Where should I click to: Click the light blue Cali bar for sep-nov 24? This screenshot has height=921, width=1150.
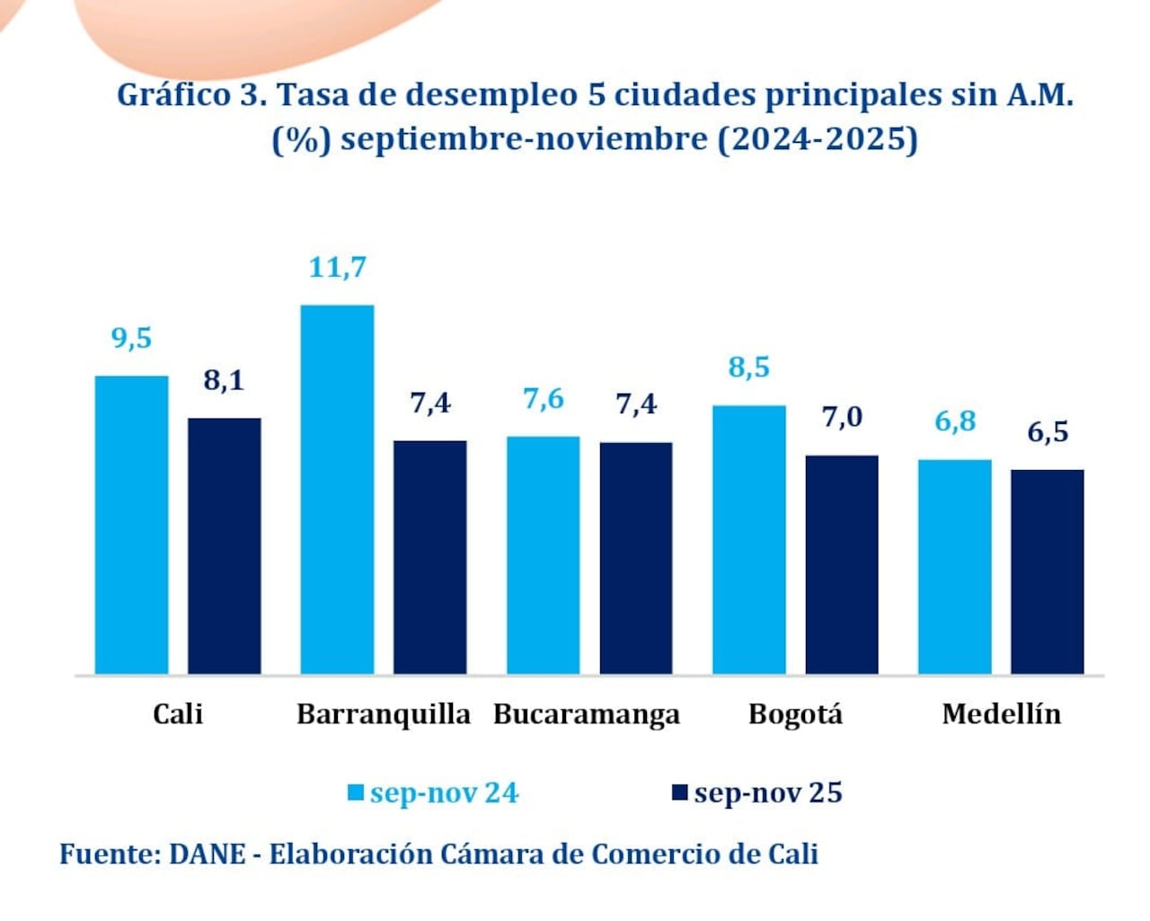click(131, 525)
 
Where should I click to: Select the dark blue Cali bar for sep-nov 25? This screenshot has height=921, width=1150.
click(224, 545)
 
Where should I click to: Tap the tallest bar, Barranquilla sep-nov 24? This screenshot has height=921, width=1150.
click(337, 490)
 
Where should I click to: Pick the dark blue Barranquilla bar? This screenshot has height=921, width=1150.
click(429, 557)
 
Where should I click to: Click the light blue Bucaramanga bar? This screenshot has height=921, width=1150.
click(543, 555)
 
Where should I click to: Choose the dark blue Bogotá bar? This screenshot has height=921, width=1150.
click(841, 564)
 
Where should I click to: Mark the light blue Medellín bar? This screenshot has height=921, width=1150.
click(954, 567)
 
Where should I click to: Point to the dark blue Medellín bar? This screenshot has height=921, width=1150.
click(1047, 571)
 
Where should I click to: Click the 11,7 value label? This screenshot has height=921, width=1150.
click(337, 268)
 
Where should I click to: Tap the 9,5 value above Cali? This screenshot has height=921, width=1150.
click(131, 339)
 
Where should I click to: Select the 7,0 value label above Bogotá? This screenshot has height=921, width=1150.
click(842, 417)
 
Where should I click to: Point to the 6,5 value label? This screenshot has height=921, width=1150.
click(1048, 432)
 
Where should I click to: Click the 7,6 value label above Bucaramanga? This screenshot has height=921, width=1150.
click(544, 399)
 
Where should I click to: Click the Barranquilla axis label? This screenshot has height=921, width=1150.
click(384, 714)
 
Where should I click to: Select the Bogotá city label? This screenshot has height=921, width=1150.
click(795, 714)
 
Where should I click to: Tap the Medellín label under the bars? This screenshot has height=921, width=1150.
click(1001, 714)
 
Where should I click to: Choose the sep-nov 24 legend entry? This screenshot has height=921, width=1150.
click(433, 793)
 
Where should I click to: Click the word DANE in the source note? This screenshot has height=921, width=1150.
click(207, 854)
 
